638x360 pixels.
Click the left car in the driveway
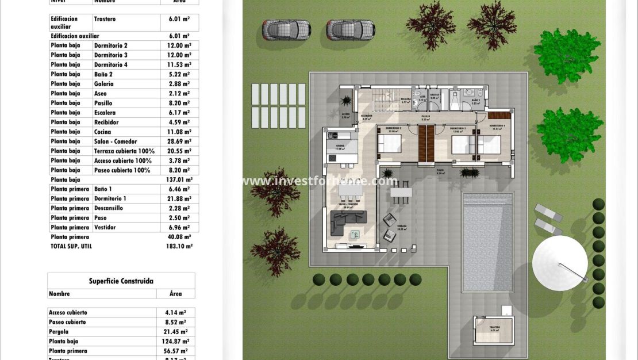click(x=286, y=29)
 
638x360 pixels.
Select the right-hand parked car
click(x=351, y=29)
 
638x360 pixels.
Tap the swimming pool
click(x=487, y=242)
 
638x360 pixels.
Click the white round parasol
click(x=559, y=263)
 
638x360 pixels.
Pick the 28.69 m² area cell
click(x=179, y=141)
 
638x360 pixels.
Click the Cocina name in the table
click(x=104, y=132)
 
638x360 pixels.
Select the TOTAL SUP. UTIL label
click(x=71, y=246)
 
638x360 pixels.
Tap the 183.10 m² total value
click(x=179, y=246)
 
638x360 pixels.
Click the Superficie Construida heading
click(x=121, y=281)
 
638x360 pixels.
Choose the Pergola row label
click(x=59, y=332)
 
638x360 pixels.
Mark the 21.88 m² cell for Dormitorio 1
click(x=179, y=198)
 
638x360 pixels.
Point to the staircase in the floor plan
click(x=382, y=102)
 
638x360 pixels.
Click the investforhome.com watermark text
click(x=319, y=181)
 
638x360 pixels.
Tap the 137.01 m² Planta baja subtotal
click(x=179, y=179)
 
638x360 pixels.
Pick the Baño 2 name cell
click(x=103, y=74)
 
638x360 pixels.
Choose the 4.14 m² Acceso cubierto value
click(x=175, y=312)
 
